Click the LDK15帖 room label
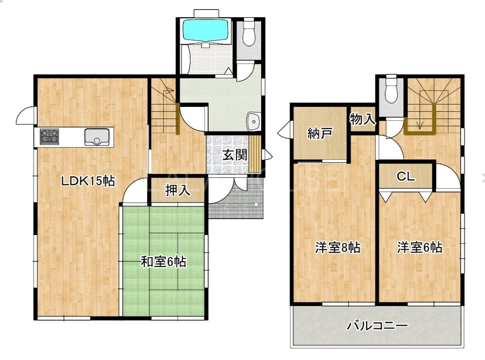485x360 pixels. [x=88, y=181]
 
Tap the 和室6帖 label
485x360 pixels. [x=163, y=262]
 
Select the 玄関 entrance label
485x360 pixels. [x=235, y=155]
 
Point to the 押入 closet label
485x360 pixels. [x=177, y=190]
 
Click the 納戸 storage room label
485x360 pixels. [x=320, y=134]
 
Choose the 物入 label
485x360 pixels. [x=362, y=119]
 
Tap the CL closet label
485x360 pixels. [x=405, y=177]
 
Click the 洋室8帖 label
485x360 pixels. [x=338, y=248]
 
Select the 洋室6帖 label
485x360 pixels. [x=420, y=247]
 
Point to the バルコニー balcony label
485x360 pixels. [x=377, y=326]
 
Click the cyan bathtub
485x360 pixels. [x=205, y=30]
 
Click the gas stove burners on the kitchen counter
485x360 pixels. [x=49, y=136]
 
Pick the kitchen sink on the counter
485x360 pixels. [x=97, y=137]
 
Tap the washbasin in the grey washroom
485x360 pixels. [x=253, y=121]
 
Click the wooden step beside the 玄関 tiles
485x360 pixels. [x=255, y=154]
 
